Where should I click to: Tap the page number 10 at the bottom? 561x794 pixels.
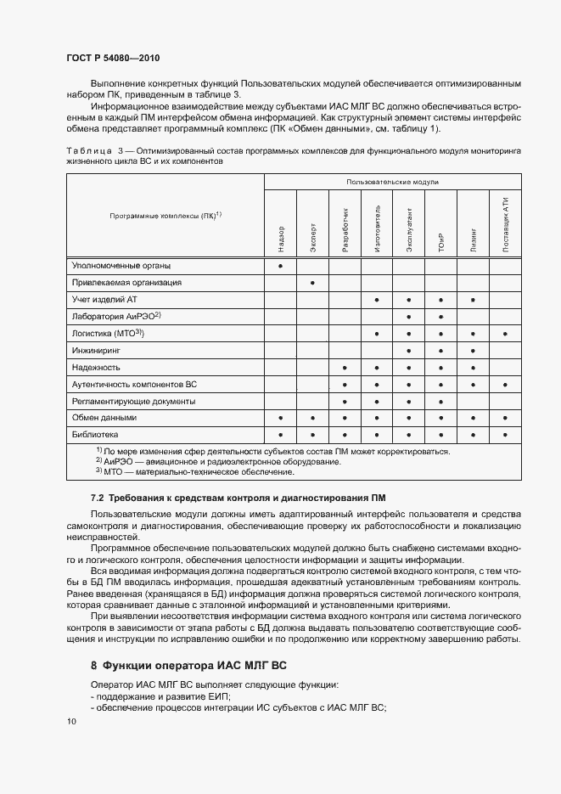(x=70, y=721)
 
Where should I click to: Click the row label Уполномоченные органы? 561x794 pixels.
(x=114, y=266)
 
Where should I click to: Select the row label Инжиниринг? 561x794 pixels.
(x=96, y=350)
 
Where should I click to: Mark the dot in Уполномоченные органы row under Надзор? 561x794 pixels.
(x=281, y=266)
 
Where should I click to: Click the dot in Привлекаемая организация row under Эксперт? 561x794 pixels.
(x=313, y=282)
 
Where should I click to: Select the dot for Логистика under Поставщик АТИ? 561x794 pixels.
(x=505, y=334)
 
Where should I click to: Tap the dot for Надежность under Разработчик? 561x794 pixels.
(x=345, y=368)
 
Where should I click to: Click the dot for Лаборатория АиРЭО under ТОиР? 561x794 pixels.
(x=441, y=317)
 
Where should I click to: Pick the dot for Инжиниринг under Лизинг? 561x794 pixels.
(x=473, y=351)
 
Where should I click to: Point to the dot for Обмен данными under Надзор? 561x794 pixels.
(x=281, y=418)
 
